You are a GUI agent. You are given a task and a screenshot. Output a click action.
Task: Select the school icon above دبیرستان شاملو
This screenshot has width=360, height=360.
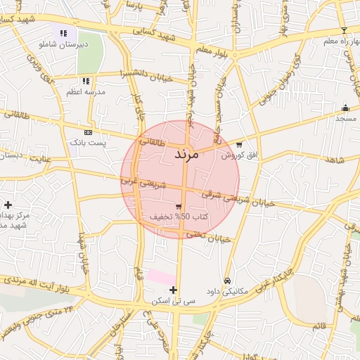point(64,32)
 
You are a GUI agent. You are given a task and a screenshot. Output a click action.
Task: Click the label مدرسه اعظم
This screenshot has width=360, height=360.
point(85,91)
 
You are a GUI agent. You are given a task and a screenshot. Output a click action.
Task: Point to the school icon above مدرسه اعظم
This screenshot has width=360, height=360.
point(85,80)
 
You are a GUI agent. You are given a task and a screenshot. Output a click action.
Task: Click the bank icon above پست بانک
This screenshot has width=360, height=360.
point(87,132)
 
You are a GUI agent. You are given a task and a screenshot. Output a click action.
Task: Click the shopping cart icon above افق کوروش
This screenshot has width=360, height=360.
point(239,144)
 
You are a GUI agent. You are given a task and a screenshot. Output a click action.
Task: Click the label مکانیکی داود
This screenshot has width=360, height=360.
point(226,290)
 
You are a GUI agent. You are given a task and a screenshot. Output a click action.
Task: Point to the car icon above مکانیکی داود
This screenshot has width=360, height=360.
point(226,280)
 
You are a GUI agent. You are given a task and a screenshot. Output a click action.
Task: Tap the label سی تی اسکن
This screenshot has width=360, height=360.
point(173,300)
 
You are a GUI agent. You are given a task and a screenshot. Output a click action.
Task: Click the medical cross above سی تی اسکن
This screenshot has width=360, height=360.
point(173,290)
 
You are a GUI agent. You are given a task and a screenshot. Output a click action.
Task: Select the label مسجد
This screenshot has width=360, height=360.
point(345,118)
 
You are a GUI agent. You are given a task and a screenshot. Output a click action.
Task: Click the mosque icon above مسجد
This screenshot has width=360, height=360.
point(345,108)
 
